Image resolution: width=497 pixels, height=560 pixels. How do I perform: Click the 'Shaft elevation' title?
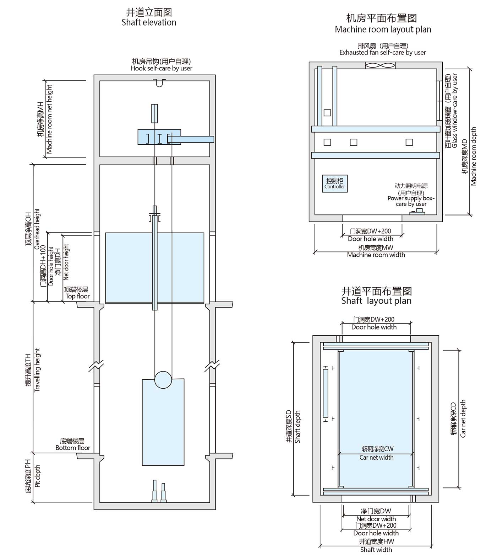click(149, 22)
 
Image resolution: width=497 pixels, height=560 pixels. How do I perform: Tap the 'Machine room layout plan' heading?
click(383, 30)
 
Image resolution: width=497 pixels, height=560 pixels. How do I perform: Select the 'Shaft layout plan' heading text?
click(376, 301)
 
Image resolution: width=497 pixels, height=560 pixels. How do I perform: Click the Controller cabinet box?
click(335, 184)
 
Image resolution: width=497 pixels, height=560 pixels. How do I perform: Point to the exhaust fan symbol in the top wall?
click(380, 66)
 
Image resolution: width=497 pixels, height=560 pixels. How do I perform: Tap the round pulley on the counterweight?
click(163, 380)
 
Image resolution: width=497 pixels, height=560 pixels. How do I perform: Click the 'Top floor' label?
click(78, 296)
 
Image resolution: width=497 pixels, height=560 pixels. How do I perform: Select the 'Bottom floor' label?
click(73, 448)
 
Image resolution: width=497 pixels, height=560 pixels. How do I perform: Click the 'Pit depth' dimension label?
click(38, 476)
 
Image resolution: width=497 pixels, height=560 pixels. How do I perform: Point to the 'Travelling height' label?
click(38, 370)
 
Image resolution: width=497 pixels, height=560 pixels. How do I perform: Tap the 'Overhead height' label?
click(37, 229)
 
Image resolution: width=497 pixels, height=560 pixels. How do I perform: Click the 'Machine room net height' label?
click(49, 119)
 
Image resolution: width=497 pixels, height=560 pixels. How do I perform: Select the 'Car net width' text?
click(376, 458)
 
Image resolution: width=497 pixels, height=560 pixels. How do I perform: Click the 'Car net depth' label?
click(463, 418)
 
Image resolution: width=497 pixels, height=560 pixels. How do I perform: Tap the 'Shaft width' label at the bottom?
click(376, 550)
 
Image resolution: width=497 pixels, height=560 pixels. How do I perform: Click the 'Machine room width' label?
click(376, 255)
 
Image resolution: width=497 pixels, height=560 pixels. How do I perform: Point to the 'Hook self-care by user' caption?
click(162, 68)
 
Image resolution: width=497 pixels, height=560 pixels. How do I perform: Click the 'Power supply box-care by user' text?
click(411, 201)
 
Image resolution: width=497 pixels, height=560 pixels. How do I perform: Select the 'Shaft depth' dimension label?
click(297, 427)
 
